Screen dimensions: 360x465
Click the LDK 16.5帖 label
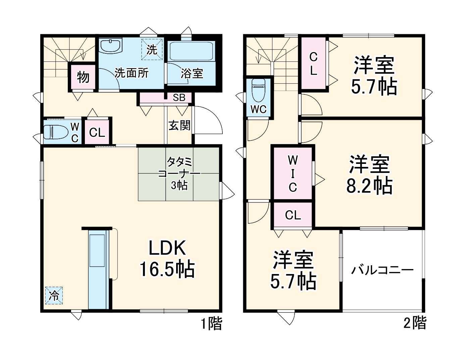pos(167,259)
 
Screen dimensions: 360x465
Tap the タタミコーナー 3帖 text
pos(179,174)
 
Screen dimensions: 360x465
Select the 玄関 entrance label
pos(179,125)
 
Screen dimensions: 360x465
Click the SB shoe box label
pos(179,98)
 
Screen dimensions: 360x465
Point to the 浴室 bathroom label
pos(192,73)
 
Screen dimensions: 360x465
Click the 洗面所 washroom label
pos(132,73)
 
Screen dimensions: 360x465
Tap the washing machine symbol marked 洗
pos(152,50)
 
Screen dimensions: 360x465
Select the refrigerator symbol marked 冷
pos(54,296)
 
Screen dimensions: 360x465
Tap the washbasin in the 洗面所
pos(111,46)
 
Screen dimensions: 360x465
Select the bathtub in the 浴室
pos(191,51)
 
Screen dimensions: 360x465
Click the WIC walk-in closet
pos(293,173)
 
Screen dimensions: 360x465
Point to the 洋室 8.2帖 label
pos(369,175)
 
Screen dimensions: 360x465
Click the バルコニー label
pos(382,270)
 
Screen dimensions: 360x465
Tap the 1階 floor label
pos(211,324)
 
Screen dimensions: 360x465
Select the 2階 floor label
pos(415,323)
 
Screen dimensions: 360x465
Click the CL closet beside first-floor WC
pos(97,132)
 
